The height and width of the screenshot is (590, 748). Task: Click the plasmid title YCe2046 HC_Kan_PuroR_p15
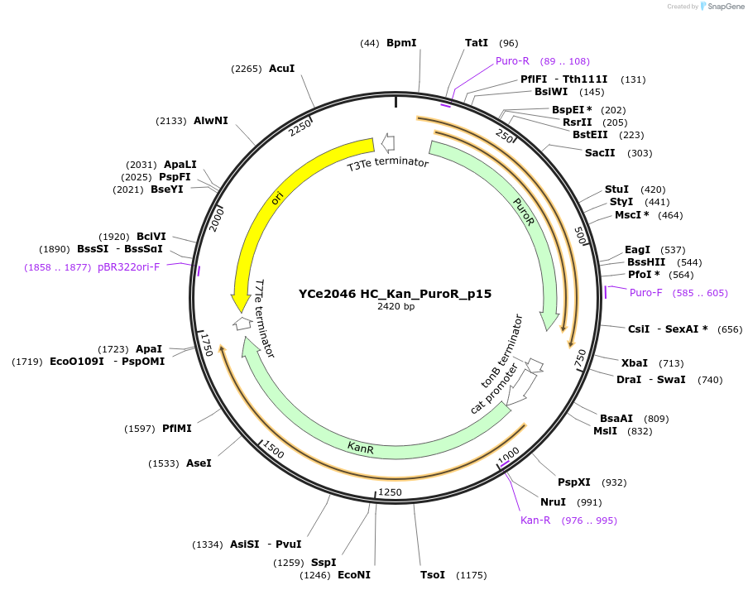click(x=395, y=294)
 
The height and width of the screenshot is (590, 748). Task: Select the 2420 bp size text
click(x=395, y=307)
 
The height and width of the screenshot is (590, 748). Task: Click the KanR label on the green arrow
click(x=361, y=448)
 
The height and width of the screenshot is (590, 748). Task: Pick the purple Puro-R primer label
click(x=512, y=61)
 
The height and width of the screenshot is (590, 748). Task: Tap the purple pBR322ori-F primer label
click(x=128, y=267)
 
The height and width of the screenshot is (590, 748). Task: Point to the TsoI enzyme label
click(x=433, y=575)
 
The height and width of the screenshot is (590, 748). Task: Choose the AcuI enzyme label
click(x=281, y=69)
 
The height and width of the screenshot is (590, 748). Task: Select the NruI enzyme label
click(x=553, y=502)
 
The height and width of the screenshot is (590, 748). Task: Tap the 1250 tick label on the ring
click(x=390, y=492)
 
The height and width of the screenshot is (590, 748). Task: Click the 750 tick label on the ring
click(x=580, y=357)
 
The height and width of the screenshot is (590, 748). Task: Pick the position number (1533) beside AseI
click(x=163, y=463)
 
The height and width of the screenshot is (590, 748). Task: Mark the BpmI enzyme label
click(x=401, y=43)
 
